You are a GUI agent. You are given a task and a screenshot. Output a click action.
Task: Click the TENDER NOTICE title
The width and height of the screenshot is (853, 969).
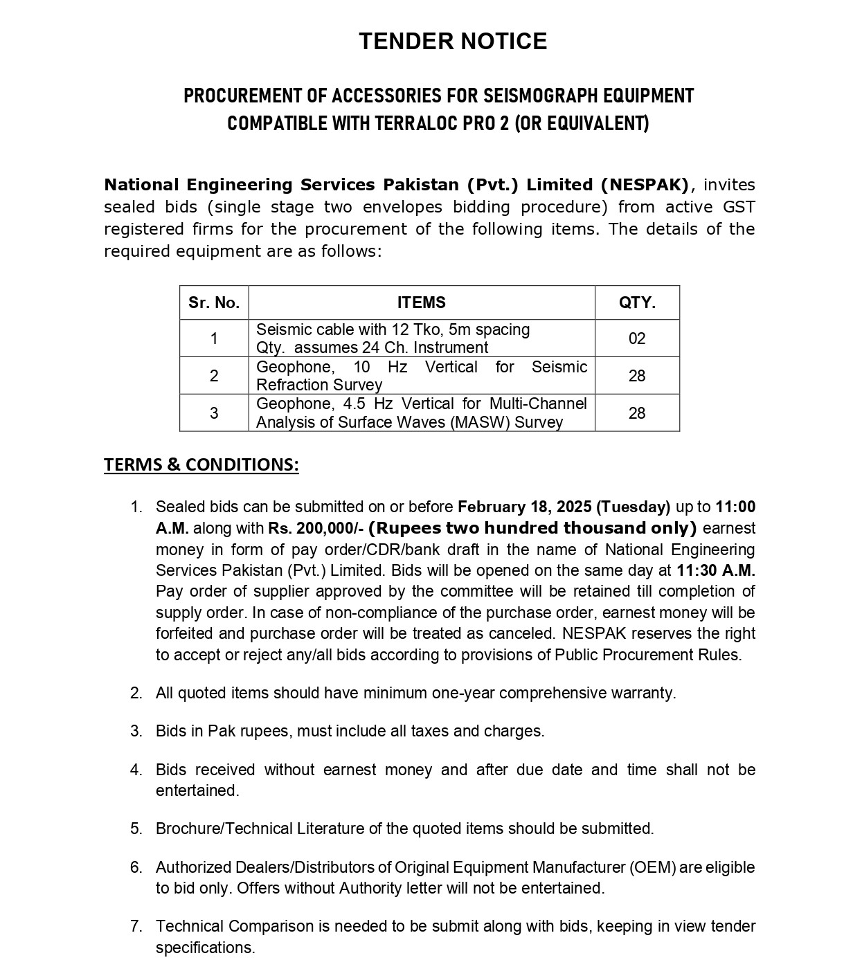[453, 42]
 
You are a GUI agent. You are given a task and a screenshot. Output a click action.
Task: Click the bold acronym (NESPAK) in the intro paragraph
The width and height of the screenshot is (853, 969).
[645, 185]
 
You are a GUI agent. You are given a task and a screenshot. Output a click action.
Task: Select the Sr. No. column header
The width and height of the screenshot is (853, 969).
[214, 302]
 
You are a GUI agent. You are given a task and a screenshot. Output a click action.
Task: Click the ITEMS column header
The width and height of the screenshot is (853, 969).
[421, 302]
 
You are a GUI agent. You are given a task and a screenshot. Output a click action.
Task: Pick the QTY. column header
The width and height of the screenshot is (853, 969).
[637, 302]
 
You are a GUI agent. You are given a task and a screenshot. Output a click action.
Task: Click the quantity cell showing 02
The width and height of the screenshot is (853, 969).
[637, 338]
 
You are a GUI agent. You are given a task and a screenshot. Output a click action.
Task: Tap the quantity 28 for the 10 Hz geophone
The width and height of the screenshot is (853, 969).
[637, 376]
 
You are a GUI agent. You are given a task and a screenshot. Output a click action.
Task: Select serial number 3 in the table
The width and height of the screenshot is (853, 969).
[214, 413]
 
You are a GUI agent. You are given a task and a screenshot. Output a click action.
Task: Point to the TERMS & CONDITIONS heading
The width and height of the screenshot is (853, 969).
[201, 464]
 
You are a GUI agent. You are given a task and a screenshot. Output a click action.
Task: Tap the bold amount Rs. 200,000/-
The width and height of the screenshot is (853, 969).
[316, 529]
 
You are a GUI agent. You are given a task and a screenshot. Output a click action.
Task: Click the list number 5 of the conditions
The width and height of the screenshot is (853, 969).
[136, 828]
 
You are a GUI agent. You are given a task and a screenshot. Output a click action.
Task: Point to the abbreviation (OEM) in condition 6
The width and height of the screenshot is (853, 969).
[652, 867]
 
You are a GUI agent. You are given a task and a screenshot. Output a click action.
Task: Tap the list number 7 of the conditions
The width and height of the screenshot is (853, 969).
[136, 926]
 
